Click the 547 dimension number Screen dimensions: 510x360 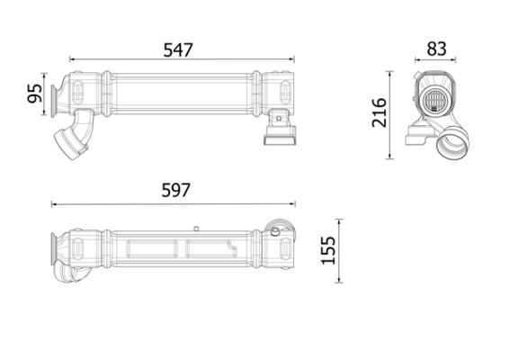click(x=178, y=50)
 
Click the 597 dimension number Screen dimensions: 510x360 click(x=176, y=191)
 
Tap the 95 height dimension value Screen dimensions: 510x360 click(x=35, y=94)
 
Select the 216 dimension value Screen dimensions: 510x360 click(x=380, y=112)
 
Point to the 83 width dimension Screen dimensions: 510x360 click(x=436, y=49)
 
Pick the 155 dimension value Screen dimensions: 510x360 click(x=328, y=250)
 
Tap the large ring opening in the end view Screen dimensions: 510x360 click(x=453, y=143)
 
